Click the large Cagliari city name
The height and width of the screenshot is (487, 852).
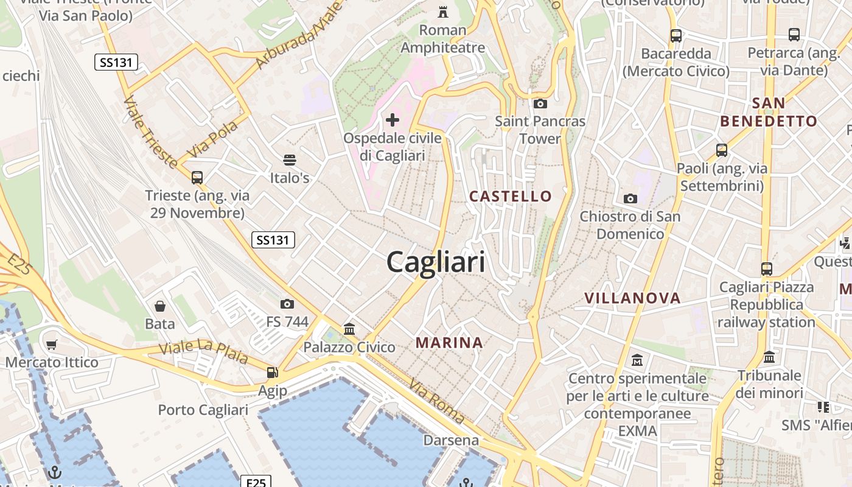click(436, 262)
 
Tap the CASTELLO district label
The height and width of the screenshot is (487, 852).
click(511, 196)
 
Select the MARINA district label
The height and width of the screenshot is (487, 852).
click(449, 343)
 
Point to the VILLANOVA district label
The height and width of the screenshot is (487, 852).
click(632, 298)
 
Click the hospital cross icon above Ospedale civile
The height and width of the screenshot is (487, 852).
click(393, 119)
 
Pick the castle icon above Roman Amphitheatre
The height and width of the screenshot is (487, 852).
click(443, 12)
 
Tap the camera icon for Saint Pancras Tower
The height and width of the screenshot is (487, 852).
click(540, 103)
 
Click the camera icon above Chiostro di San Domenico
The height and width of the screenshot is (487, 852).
click(630, 198)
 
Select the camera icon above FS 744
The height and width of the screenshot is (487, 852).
click(287, 304)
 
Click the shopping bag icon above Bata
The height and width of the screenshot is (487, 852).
click(160, 306)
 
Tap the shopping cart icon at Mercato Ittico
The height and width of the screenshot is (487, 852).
click(52, 345)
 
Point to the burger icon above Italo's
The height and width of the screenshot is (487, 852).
click(290, 160)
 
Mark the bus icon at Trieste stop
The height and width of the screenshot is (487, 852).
click(197, 178)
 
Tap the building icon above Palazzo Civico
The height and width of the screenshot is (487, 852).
click(349, 329)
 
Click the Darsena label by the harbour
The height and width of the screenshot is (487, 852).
click(451, 440)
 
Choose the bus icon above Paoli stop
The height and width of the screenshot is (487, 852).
click(721, 150)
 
